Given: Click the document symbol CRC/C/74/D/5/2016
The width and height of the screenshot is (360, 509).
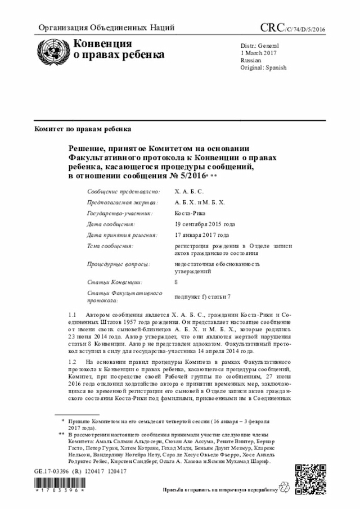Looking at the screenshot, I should click(x=292, y=28).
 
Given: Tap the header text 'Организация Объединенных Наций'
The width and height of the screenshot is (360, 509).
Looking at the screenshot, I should click(x=106, y=28).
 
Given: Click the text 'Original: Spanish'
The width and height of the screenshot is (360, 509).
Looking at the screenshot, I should click(x=263, y=67).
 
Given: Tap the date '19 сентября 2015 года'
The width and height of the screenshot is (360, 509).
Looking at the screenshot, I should click(x=205, y=224).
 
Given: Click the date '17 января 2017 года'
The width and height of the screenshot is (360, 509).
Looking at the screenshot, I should click(x=202, y=235).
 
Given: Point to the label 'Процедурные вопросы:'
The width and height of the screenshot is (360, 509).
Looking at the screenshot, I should click(x=118, y=264).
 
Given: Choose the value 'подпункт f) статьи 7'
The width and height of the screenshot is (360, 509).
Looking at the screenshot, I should click(x=202, y=296).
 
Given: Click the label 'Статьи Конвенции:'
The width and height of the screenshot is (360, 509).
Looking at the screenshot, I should click(x=115, y=282).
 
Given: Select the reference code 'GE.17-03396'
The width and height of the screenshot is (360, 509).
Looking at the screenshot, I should click(x=51, y=471).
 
